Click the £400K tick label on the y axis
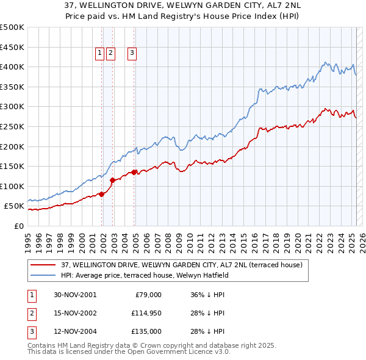click(12, 67)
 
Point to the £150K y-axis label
click(12, 166)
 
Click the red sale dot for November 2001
click(102, 194)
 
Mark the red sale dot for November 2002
click(112, 180)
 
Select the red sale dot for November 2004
click(134, 172)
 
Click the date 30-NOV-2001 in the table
click(75, 295)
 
